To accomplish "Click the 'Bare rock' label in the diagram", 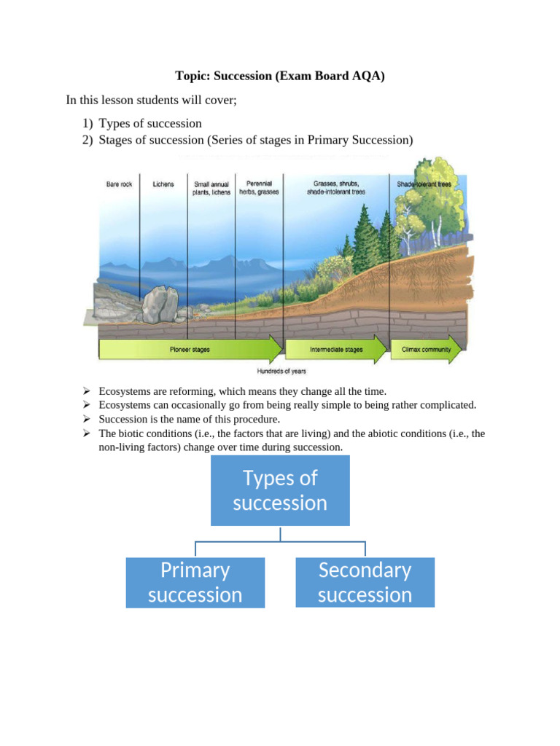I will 119,184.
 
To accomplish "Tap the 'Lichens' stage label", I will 163,184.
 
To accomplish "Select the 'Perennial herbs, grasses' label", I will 259,187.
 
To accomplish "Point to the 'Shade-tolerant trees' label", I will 424,184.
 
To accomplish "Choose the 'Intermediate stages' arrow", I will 336,350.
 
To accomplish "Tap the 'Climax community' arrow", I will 427,350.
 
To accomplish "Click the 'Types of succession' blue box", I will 280,490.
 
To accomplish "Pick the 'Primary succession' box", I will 195,582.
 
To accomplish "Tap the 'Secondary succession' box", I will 365,582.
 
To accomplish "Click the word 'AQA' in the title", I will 367,75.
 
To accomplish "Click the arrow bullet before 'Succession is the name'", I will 87,419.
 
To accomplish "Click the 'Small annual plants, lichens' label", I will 212,188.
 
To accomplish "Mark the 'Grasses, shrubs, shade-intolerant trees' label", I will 336,187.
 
